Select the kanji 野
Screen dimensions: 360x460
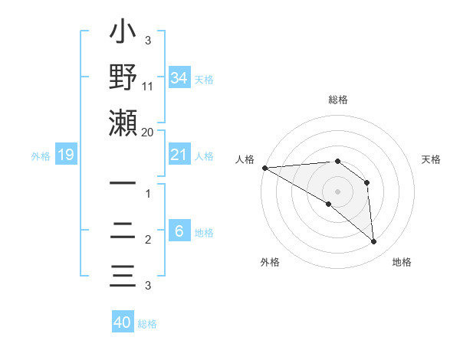pos(123,79)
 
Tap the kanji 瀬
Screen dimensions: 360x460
pos(123,123)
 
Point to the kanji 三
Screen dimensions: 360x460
pos(123,275)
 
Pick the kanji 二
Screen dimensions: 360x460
pos(123,230)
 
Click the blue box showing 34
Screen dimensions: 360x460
pos(179,78)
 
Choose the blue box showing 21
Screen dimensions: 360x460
pos(179,155)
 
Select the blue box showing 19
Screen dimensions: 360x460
pos(66,155)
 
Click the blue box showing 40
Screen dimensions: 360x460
pos(123,322)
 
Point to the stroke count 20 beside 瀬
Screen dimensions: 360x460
pos(148,133)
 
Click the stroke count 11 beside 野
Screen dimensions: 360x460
pos(148,87)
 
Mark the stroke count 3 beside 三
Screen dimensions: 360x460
pos(148,286)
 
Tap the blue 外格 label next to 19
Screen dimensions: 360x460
pos(41,156)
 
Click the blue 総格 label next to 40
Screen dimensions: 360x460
pos(147,323)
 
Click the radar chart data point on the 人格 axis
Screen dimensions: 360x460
pos(264,168)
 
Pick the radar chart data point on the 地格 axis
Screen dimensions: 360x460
pos(373,241)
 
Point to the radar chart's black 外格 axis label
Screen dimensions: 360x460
pos(270,262)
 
